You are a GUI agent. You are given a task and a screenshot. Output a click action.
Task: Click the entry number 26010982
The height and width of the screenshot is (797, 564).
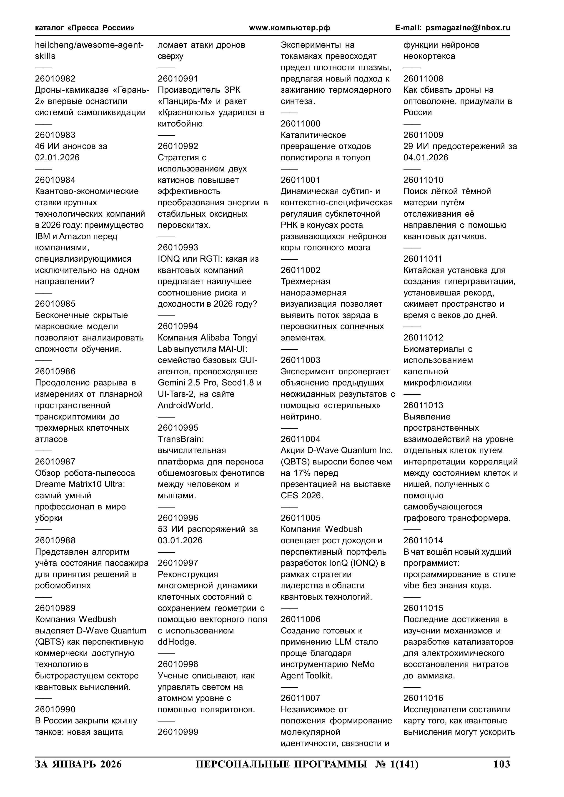point(55,79)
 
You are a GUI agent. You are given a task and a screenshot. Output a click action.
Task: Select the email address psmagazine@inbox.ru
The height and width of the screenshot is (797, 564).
point(468,28)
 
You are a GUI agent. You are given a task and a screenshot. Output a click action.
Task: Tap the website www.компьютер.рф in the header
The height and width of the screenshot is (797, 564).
point(289,28)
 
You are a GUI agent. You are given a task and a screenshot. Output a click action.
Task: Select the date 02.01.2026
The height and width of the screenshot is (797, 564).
point(57,158)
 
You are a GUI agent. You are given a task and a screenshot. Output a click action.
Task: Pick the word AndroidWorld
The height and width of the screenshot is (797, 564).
point(185,405)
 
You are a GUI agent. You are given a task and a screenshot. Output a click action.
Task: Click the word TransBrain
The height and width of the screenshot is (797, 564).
point(180,439)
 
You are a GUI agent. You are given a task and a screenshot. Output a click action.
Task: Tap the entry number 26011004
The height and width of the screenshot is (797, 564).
point(301,439)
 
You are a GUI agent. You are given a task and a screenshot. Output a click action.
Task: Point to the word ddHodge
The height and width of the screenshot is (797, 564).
point(177,642)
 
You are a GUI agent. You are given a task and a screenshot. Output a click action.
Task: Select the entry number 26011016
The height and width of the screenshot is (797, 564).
point(423,698)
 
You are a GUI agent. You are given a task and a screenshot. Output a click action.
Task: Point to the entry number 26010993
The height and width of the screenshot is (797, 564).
point(178,248)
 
